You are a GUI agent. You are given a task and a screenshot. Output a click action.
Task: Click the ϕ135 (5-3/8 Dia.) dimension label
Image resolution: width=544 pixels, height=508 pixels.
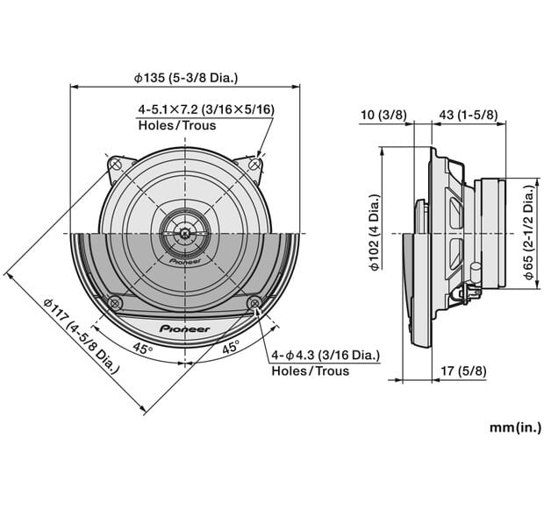coord(185,77)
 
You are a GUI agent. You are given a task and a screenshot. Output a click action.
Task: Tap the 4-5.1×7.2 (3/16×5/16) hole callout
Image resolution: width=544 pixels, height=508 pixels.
coord(205,109)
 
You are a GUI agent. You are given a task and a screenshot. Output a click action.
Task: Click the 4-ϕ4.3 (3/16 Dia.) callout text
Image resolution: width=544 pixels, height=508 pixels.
coord(326,355)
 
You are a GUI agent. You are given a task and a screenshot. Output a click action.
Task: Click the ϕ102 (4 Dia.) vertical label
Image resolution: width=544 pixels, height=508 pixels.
coord(375,233)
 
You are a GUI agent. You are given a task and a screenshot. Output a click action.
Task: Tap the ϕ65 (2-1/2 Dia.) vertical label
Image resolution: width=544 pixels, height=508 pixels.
coord(529,233)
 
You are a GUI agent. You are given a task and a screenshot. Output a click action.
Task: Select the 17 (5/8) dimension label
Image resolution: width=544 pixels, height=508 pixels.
coord(462,370)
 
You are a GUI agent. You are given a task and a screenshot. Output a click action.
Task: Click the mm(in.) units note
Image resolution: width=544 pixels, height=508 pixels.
coord(515,428)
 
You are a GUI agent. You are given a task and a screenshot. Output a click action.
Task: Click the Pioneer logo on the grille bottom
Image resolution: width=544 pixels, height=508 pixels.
coord(184,328)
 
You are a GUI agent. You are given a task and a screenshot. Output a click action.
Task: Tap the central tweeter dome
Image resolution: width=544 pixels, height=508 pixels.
coord(184,233)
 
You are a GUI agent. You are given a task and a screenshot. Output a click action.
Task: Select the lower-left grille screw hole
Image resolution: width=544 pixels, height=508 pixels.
coord(114,303)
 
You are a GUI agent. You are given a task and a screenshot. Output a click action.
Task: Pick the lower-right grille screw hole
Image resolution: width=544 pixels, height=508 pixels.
coord(254,303)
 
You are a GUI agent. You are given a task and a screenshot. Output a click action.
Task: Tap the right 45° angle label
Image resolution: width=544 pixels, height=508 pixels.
coord(231,348)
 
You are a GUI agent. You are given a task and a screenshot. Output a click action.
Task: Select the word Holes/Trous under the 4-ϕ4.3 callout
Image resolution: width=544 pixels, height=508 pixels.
coord(310,370)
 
